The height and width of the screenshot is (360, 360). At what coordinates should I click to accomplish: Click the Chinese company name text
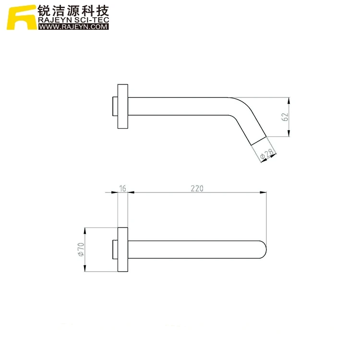click(x=73, y=11)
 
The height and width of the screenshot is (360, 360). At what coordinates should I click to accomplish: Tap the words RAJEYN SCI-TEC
click(x=73, y=20)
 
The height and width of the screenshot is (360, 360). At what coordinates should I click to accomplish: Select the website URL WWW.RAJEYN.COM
click(x=73, y=27)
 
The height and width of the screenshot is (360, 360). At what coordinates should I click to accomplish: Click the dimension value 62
click(x=285, y=117)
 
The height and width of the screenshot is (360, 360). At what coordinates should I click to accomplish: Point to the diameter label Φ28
click(x=266, y=154)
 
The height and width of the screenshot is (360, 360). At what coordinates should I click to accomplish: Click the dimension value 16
click(x=123, y=188)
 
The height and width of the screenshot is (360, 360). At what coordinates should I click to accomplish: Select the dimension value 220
click(x=197, y=188)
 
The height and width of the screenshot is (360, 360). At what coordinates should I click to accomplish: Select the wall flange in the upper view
click(x=123, y=107)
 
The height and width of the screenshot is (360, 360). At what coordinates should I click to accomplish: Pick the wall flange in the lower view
click(x=123, y=249)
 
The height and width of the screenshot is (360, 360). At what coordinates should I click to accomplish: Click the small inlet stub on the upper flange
click(x=115, y=107)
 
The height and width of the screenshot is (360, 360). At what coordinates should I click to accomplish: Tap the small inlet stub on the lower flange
click(x=115, y=249)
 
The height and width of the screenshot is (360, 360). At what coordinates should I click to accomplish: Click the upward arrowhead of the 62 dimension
click(x=289, y=101)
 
